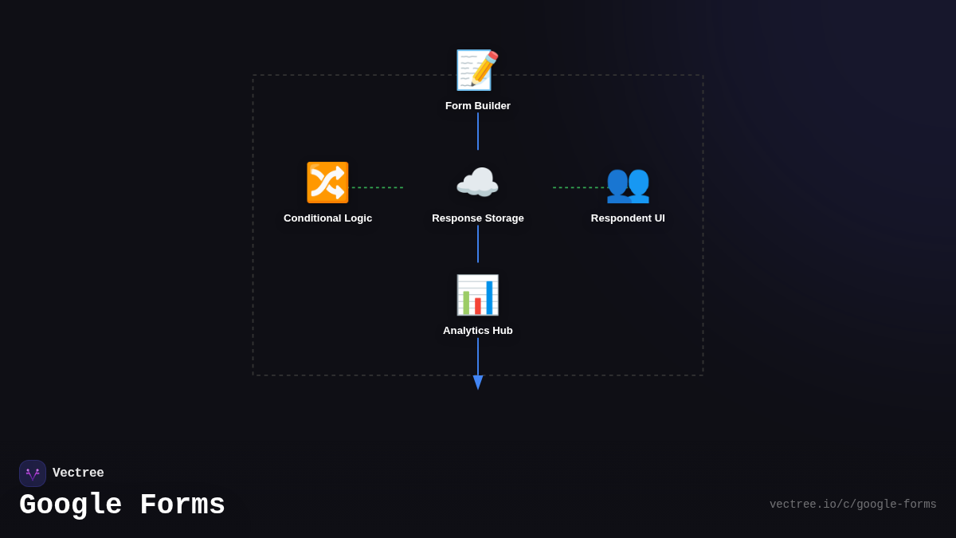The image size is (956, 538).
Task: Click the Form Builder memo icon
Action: pyautogui.click(x=477, y=70)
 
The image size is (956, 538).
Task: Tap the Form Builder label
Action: pyautogui.click(x=478, y=106)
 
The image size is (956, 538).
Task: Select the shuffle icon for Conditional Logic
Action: pyautogui.click(x=327, y=183)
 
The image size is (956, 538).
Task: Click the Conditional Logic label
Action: pyautogui.click(x=327, y=218)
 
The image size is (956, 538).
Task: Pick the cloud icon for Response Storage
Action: pyautogui.click(x=477, y=183)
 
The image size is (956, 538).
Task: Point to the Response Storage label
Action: pyautogui.click(x=478, y=218)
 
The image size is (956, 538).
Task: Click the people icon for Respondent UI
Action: pyautogui.click(x=628, y=183)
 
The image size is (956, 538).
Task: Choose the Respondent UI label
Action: pyautogui.click(x=628, y=218)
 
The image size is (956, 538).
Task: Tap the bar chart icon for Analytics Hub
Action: pyautogui.click(x=477, y=295)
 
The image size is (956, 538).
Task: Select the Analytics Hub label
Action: pyautogui.click(x=478, y=331)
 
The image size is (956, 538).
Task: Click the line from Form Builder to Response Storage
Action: pyautogui.click(x=478, y=132)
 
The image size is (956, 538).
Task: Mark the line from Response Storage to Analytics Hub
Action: pyautogui.click(x=478, y=244)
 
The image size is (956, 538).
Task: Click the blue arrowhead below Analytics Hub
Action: pyautogui.click(x=478, y=383)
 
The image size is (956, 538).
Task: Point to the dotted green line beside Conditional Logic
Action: pyautogui.click(x=378, y=188)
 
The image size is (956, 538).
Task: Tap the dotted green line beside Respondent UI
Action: pyautogui.click(x=580, y=188)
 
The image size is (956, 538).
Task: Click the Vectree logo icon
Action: pyautogui.click(x=33, y=473)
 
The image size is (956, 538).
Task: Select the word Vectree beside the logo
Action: pyautogui.click(x=78, y=473)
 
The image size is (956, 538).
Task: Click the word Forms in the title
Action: pyautogui.click(x=182, y=505)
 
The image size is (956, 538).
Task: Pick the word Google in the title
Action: pyautogui.click(x=71, y=505)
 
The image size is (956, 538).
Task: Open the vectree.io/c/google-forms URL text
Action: pyautogui.click(x=852, y=505)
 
